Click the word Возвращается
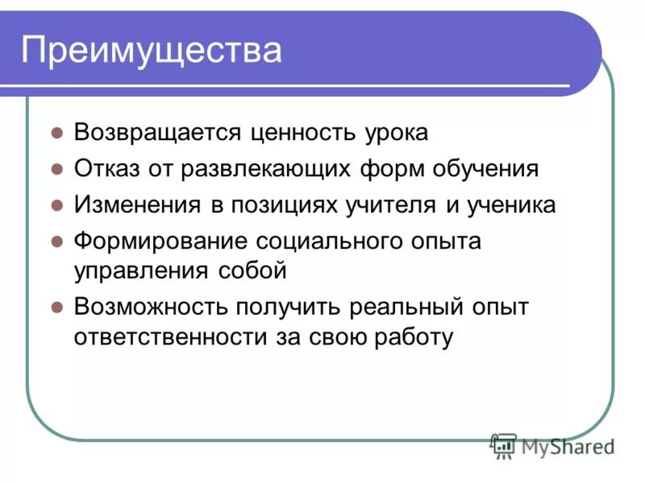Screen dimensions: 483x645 coord(156,133)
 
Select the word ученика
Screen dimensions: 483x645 coord(510,204)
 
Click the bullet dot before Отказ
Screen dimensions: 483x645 coord(57,170)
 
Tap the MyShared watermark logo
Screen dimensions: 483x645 coord(553,445)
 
